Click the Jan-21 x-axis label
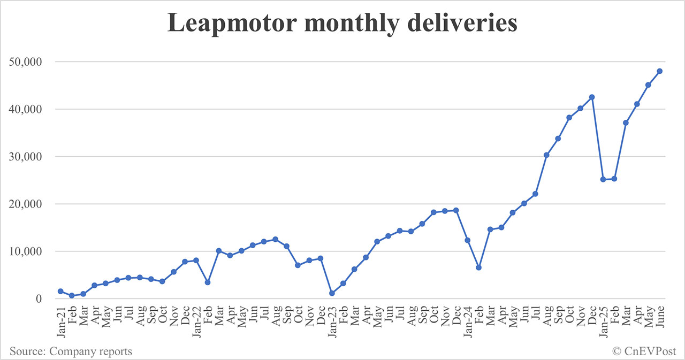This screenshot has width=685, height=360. pyautogui.click(x=60, y=321)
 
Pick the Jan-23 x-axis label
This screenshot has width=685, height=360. pyautogui.click(x=332, y=321)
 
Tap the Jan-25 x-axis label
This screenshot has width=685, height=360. pyautogui.click(x=603, y=321)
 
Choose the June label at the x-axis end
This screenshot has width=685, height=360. pyautogui.click(x=660, y=319)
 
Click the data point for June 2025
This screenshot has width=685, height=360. pyautogui.click(x=660, y=71)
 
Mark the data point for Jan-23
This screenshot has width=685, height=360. pyautogui.click(x=332, y=293)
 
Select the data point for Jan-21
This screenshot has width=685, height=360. pyautogui.click(x=60, y=291)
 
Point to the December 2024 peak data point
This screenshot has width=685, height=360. pyautogui.click(x=592, y=97)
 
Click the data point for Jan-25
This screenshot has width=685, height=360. pyautogui.click(x=603, y=179)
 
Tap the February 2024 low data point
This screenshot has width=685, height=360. pyautogui.click(x=478, y=267)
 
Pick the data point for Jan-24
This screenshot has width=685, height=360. pyautogui.click(x=467, y=240)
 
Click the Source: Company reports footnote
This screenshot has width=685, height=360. pyautogui.click(x=71, y=351)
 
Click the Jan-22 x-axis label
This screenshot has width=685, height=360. pyautogui.click(x=196, y=321)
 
